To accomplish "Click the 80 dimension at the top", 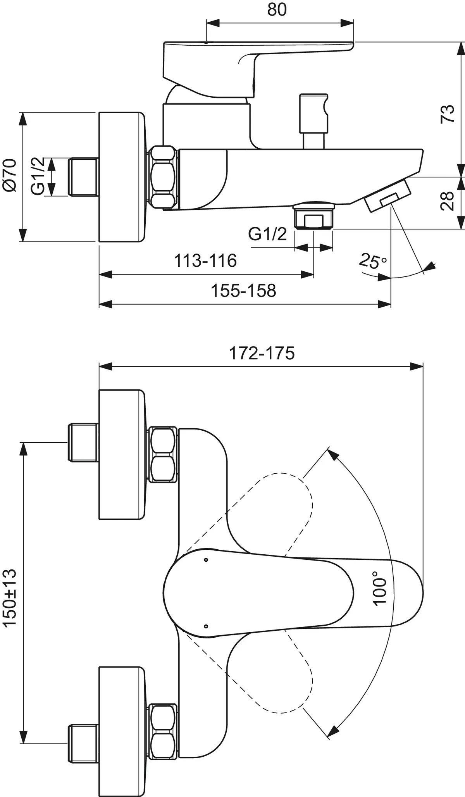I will point(277,9).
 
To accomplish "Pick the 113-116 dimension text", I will point(205,261).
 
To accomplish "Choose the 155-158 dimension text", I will point(243,291).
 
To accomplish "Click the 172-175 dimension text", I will point(262,353).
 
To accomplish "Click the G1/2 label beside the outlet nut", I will point(267,234).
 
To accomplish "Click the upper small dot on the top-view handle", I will point(206,560).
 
